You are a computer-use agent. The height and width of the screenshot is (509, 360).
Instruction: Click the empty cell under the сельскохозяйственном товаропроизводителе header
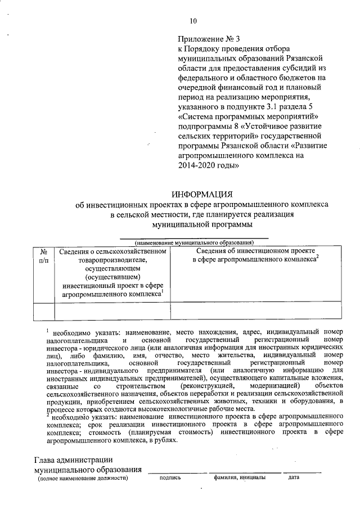click(112, 311)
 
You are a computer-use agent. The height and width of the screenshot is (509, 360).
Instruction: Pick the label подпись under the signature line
click(170, 479)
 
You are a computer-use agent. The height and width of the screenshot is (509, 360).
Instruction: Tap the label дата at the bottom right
click(294, 479)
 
